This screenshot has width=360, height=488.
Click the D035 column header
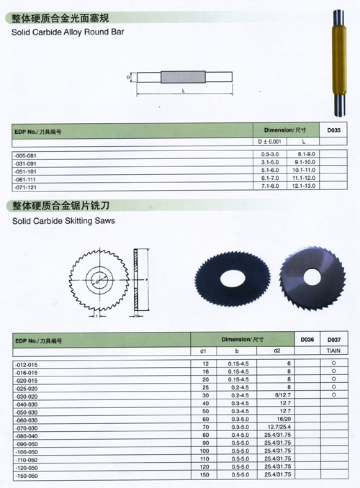click(x=333, y=130)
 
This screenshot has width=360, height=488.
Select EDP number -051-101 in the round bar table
click(x=25, y=171)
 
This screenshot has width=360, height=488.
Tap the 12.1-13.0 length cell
click(x=304, y=186)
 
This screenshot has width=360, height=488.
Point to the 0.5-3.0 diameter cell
click(x=270, y=154)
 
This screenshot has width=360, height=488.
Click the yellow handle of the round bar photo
click(x=339, y=60)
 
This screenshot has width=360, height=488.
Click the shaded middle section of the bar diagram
click(x=183, y=77)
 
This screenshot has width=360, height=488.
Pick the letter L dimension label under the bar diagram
click(x=184, y=91)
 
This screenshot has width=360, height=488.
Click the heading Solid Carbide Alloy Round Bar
click(x=68, y=32)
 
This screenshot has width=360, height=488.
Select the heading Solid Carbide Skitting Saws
click(x=63, y=221)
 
